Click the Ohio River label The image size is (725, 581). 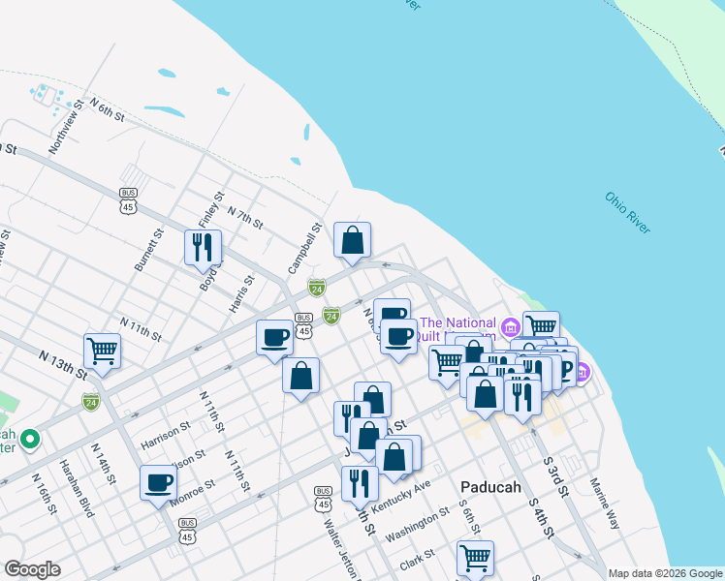point(628,213)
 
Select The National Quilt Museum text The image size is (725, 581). point(457,329)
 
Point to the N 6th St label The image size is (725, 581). point(108,108)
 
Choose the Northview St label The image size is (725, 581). point(64,129)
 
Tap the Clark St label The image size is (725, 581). point(416,561)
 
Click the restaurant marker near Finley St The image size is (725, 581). point(204,247)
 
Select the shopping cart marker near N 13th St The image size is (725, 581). point(103,352)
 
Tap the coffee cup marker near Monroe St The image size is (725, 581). point(159,482)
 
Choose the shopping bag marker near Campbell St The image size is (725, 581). point(352,240)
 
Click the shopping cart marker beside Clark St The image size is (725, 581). point(475,558)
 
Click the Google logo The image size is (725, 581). point(32,569)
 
